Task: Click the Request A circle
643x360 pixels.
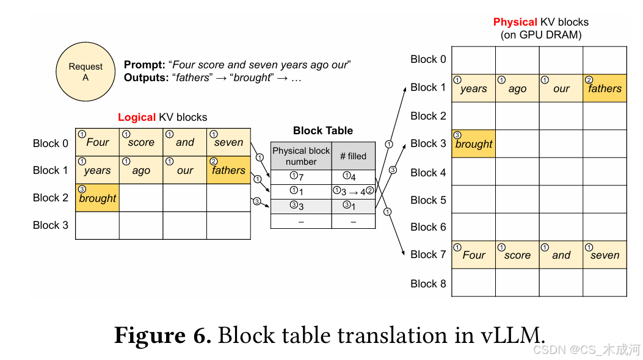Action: click(85, 72)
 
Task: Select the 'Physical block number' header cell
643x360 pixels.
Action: click(301, 156)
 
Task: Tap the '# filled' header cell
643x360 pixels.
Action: click(353, 156)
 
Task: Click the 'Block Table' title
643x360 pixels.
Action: click(322, 131)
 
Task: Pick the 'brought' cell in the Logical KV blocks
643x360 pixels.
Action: click(97, 198)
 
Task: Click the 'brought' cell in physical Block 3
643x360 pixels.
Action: click(473, 144)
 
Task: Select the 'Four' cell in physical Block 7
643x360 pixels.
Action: click(473, 255)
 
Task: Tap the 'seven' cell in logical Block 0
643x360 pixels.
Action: click(228, 143)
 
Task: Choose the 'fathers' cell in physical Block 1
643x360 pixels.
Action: click(605, 88)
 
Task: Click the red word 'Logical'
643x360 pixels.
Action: click(137, 117)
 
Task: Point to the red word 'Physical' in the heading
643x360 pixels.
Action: click(515, 23)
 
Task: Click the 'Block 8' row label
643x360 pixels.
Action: click(428, 284)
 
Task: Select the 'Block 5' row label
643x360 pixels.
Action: click(428, 200)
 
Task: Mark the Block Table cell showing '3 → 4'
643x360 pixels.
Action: click(353, 192)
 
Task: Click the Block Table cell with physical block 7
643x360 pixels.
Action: click(301, 177)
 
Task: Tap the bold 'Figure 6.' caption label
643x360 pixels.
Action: click(162, 336)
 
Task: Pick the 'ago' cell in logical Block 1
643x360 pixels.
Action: click(141, 170)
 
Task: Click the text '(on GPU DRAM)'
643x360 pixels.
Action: click(541, 35)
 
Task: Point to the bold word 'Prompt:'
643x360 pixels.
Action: click(145, 65)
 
